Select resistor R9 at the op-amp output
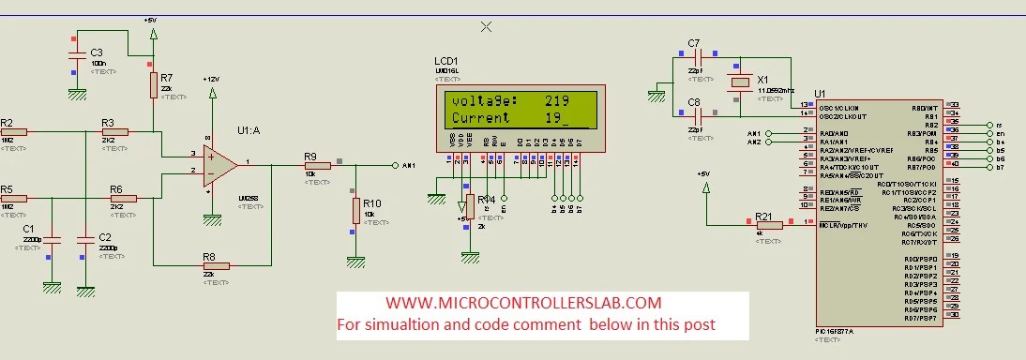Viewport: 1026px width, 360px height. (317, 165)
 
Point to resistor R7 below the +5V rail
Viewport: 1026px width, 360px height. (154, 85)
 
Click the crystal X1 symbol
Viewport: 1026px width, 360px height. (741, 82)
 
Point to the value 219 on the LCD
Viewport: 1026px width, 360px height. (557, 100)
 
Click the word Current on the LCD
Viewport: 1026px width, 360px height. (481, 118)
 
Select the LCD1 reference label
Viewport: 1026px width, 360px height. (446, 61)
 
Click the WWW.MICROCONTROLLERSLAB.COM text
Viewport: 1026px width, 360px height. (523, 303)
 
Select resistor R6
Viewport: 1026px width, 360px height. (123, 199)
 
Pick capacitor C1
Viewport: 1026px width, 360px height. (52, 239)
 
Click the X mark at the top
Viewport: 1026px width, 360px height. (486, 26)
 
